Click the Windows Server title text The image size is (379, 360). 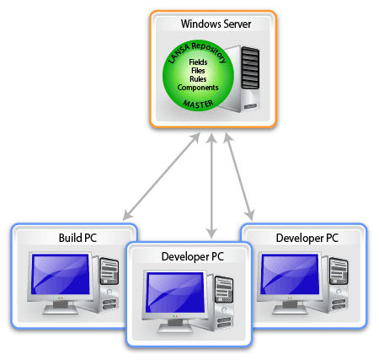coord(216,24)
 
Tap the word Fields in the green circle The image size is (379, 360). coord(198,62)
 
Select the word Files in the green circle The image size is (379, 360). coord(198,71)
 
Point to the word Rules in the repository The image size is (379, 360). coord(198,79)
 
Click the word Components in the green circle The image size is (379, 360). coord(198,88)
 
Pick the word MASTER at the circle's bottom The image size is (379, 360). coord(198,105)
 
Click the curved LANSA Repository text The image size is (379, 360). coord(197,51)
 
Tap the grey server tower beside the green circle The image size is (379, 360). coord(242,78)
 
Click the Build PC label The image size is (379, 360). coord(77,238)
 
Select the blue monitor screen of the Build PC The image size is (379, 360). coord(60,274)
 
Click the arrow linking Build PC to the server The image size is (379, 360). coord(162,176)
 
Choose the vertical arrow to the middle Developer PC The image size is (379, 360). coord(211,186)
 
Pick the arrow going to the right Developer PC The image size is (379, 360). coord(239,177)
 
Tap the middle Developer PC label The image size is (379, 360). coord(193,256)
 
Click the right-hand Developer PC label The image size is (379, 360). coord(307,238)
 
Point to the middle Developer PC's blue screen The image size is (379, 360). coord(176,293)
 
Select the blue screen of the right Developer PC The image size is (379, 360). coord(290,274)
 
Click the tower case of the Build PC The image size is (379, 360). coord(108,284)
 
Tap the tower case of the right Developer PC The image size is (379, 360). coord(337,284)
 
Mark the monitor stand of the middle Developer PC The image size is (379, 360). coord(175,326)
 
